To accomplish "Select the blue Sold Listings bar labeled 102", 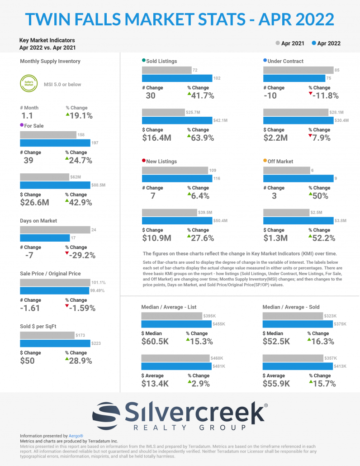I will click(177, 78).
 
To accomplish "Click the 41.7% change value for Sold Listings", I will click(201, 95).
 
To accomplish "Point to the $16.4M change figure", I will click(156, 138).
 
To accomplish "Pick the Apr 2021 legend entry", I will click(290, 43).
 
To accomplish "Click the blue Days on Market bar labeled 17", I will click(45, 238).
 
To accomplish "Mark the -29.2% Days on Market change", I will click(80, 255).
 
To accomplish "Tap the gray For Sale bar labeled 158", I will click(48, 135).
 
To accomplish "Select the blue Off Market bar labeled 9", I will click(298, 178).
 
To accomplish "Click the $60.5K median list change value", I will click(155, 342).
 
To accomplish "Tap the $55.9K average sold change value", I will click(277, 384).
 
